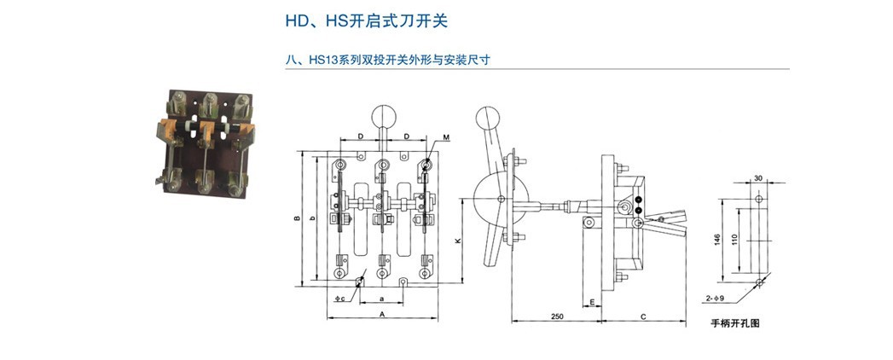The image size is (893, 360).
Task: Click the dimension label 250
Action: click(x=555, y=316)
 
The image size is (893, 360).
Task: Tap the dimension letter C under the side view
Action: click(x=642, y=316)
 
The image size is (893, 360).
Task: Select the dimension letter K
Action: click(x=458, y=241)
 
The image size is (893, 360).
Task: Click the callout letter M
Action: click(x=448, y=136)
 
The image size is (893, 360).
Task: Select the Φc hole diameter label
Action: click(x=339, y=299)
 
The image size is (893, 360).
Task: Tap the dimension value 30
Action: click(x=758, y=178)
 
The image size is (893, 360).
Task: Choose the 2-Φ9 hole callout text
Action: click(x=714, y=298)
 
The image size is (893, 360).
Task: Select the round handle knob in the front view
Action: click(x=381, y=114)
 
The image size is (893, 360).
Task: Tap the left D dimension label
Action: click(x=361, y=136)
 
